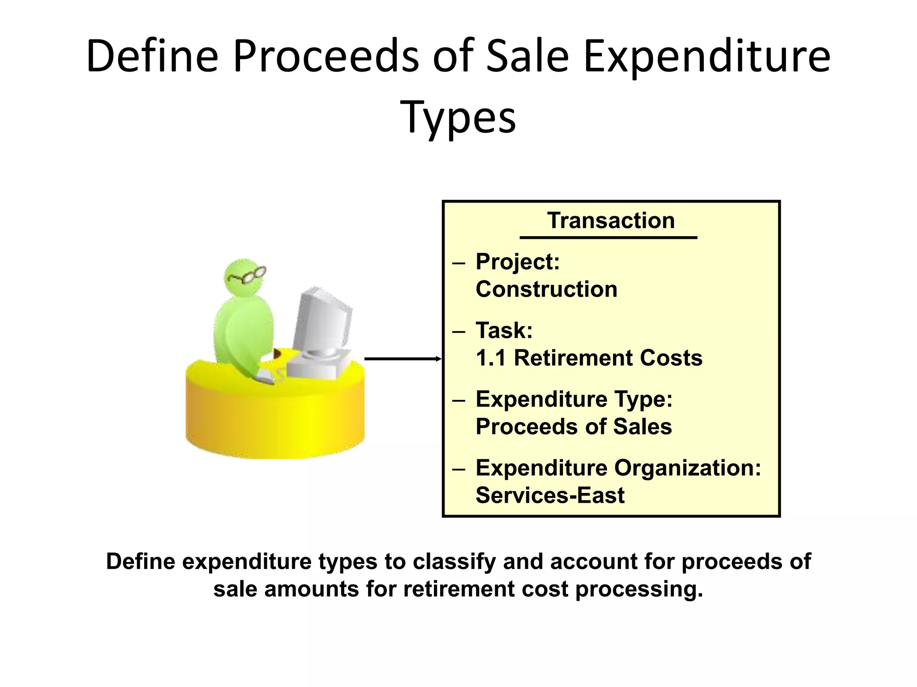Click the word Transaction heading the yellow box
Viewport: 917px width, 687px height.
point(611,221)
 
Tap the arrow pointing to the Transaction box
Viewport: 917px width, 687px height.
point(403,359)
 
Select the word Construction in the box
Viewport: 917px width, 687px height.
point(546,289)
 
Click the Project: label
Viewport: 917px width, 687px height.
point(518,262)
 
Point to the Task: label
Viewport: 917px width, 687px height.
point(504,331)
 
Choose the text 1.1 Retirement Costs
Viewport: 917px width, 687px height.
point(589,358)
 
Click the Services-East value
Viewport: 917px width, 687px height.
point(550,496)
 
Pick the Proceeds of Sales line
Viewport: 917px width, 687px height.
point(574,427)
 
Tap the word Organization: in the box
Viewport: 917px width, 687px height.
point(688,468)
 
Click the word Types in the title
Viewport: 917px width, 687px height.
point(459,117)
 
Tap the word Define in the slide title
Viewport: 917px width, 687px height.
point(152,57)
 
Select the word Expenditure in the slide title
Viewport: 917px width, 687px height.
point(707,57)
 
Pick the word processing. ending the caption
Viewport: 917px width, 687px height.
point(639,589)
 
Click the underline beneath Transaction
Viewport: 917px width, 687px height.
point(608,237)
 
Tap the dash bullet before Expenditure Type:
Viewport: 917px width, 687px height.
point(459,400)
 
